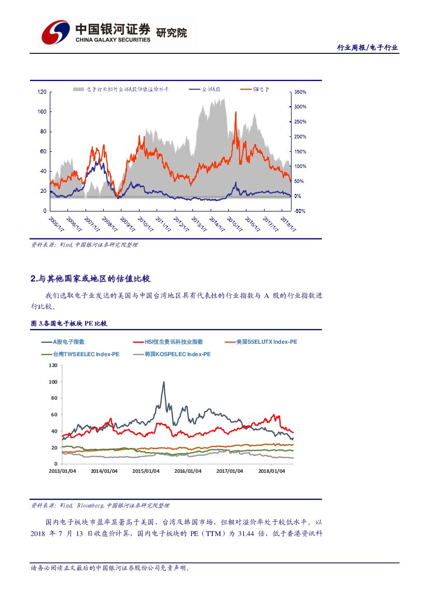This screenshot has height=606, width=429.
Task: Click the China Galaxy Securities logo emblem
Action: click(56, 33)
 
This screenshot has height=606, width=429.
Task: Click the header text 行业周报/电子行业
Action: click(367, 48)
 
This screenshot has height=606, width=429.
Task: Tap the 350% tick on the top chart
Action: click(300, 92)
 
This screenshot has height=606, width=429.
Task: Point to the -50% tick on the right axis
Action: click(300, 211)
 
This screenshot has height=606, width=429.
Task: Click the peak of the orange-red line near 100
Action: click(236, 112)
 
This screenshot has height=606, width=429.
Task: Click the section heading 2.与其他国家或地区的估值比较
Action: click(91, 279)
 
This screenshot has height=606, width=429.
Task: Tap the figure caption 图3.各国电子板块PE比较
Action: click(69, 323)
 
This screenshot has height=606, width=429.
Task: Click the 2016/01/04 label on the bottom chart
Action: click(188, 471)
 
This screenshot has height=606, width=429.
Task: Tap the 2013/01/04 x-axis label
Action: click(62, 471)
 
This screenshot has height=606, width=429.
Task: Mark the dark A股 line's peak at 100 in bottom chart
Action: click(164, 383)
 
